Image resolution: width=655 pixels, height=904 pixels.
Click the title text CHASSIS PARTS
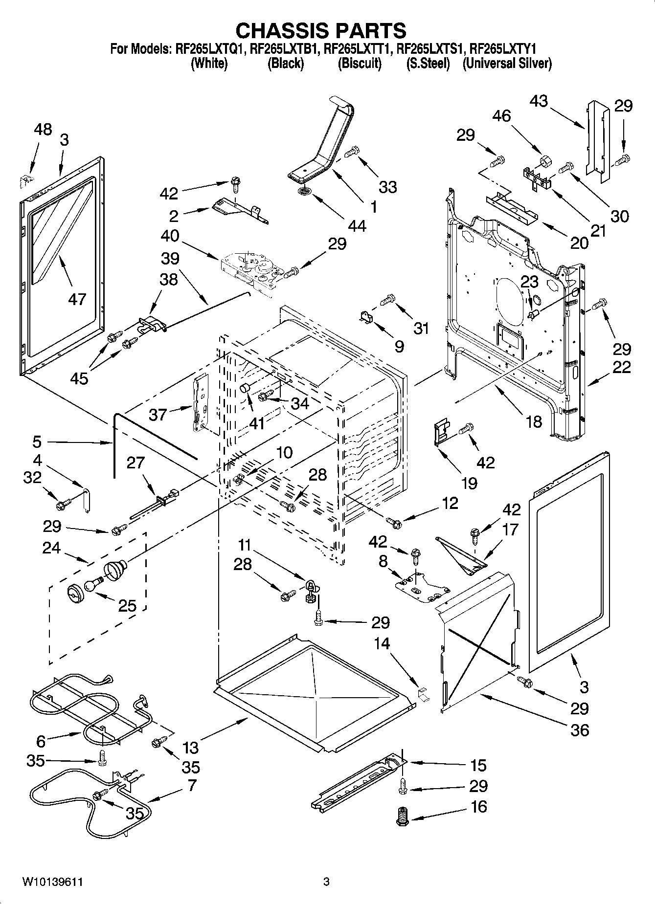(320, 30)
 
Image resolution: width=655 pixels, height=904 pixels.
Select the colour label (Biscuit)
(360, 64)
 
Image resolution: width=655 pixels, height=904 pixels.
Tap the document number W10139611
(52, 882)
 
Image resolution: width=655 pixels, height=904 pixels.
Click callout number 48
(43, 130)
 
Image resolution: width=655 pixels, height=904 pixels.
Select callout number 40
(170, 236)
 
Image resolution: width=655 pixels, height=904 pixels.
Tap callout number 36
(580, 730)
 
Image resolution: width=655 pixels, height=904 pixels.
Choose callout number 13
(191, 747)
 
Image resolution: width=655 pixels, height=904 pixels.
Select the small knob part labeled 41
(244, 389)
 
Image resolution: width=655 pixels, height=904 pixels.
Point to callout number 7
(191, 785)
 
